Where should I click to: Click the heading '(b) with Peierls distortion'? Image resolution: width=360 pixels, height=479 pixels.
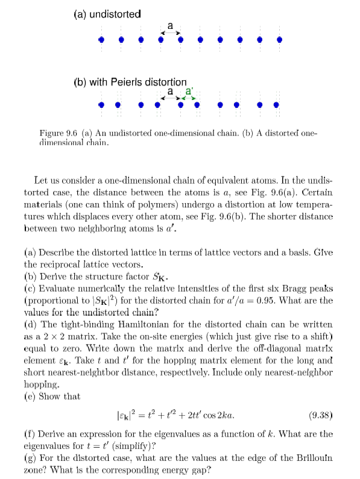pyautogui.click(x=130, y=81)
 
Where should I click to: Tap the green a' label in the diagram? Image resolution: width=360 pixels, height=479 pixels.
pyautogui.click(x=189, y=90)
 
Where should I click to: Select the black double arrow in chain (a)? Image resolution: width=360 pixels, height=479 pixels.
pyautogui.click(x=170, y=32)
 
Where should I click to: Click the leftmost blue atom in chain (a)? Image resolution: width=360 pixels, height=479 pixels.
pyautogui.click(x=101, y=40)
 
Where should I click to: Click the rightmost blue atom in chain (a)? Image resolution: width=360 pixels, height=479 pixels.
pyautogui.click(x=279, y=40)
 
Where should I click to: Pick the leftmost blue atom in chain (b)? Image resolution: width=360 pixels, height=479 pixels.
pyautogui.click(x=101, y=104)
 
